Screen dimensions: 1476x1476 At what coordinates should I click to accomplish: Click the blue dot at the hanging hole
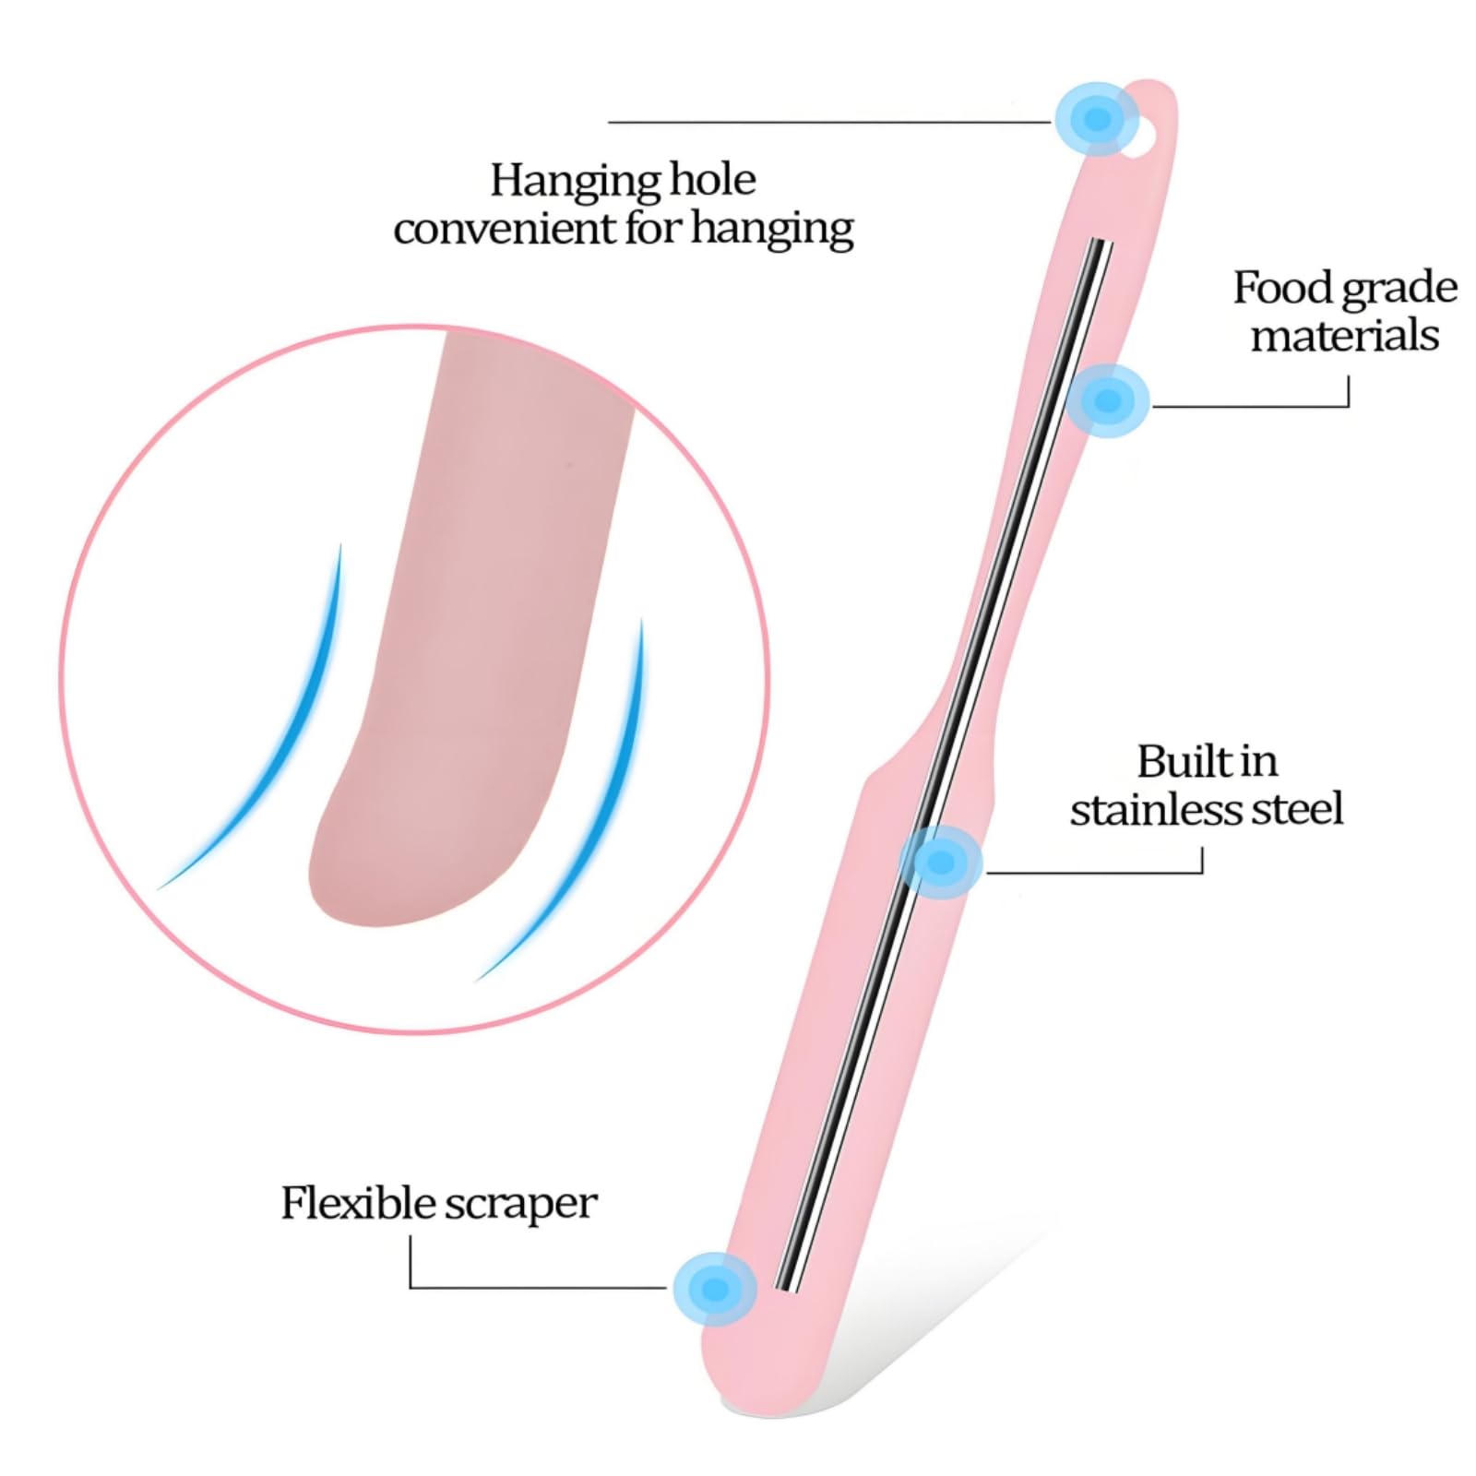pos(1097,118)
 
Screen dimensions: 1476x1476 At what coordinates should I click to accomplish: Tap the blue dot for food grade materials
pos(1107,400)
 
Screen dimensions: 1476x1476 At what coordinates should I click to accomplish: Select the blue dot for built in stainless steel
pos(941,863)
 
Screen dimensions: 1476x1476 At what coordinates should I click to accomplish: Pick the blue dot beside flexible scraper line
pos(715,1289)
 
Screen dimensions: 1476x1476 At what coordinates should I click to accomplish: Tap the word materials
pos(1345,335)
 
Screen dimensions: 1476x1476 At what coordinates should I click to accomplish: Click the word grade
pos(1399,290)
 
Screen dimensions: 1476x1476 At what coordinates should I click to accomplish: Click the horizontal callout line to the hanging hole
pos(830,122)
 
